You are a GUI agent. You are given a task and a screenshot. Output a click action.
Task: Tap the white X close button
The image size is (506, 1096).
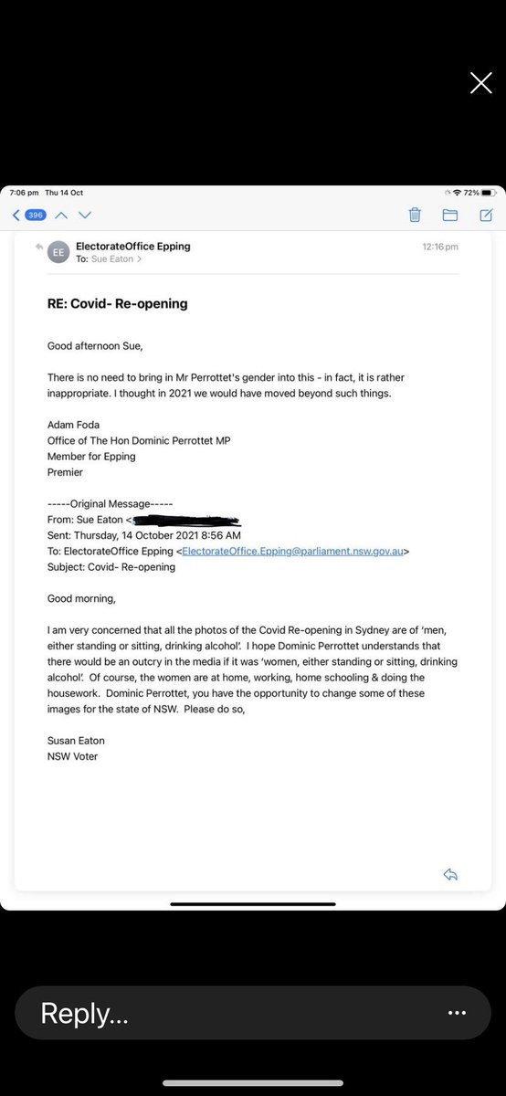[x=480, y=83]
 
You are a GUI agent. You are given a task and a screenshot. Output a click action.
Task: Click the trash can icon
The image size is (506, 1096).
[x=415, y=215]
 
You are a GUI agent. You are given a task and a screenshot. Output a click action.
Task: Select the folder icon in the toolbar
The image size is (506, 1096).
[x=449, y=215]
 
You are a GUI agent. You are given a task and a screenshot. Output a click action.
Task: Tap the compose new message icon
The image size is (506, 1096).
[x=486, y=215]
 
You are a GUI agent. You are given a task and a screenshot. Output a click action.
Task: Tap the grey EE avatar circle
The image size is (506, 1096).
[x=58, y=252]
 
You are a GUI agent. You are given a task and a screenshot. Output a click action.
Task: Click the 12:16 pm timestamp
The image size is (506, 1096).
[x=440, y=247]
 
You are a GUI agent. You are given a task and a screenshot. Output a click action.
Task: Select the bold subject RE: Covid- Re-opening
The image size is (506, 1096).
[x=118, y=303]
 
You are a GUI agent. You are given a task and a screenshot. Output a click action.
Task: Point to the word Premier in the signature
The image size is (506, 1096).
[x=65, y=472]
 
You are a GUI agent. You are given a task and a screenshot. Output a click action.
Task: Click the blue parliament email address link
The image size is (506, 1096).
[x=294, y=551]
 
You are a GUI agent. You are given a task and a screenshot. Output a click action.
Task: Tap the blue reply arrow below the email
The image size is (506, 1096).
[x=449, y=874]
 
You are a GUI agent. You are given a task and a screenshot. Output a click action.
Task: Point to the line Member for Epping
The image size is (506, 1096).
[x=91, y=457]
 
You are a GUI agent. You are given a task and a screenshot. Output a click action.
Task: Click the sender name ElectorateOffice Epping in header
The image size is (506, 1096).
[x=133, y=246]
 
